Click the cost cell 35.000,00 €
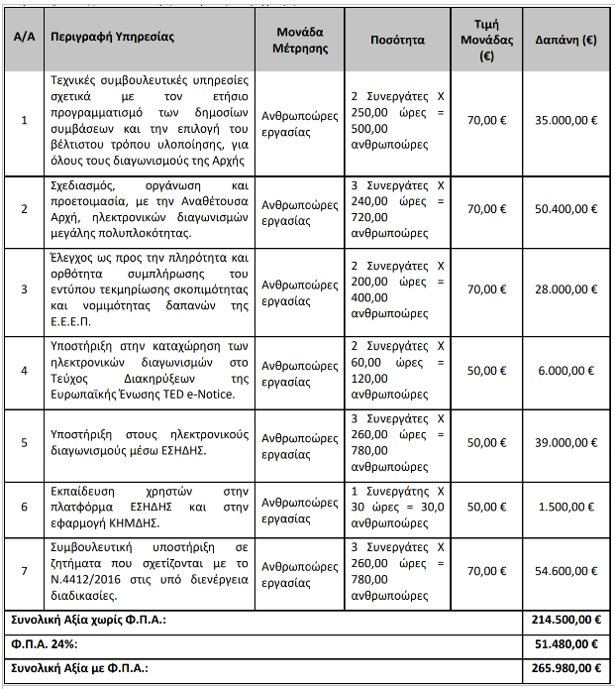coord(565,121)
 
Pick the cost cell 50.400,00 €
coord(565,209)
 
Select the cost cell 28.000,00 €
coord(565,290)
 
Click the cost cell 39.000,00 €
coord(565,443)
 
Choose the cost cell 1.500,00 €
coord(569,507)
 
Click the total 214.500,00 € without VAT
coord(564,620)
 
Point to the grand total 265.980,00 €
coord(564,668)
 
